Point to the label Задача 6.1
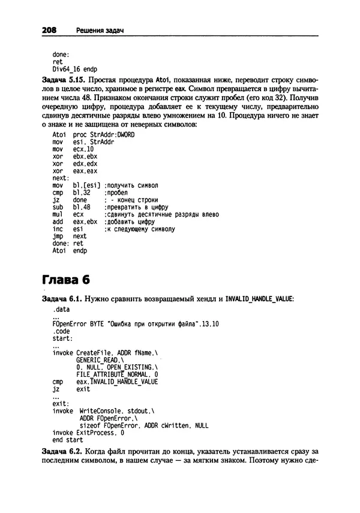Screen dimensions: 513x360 click(x=62, y=298)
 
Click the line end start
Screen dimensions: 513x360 click(x=67, y=439)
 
